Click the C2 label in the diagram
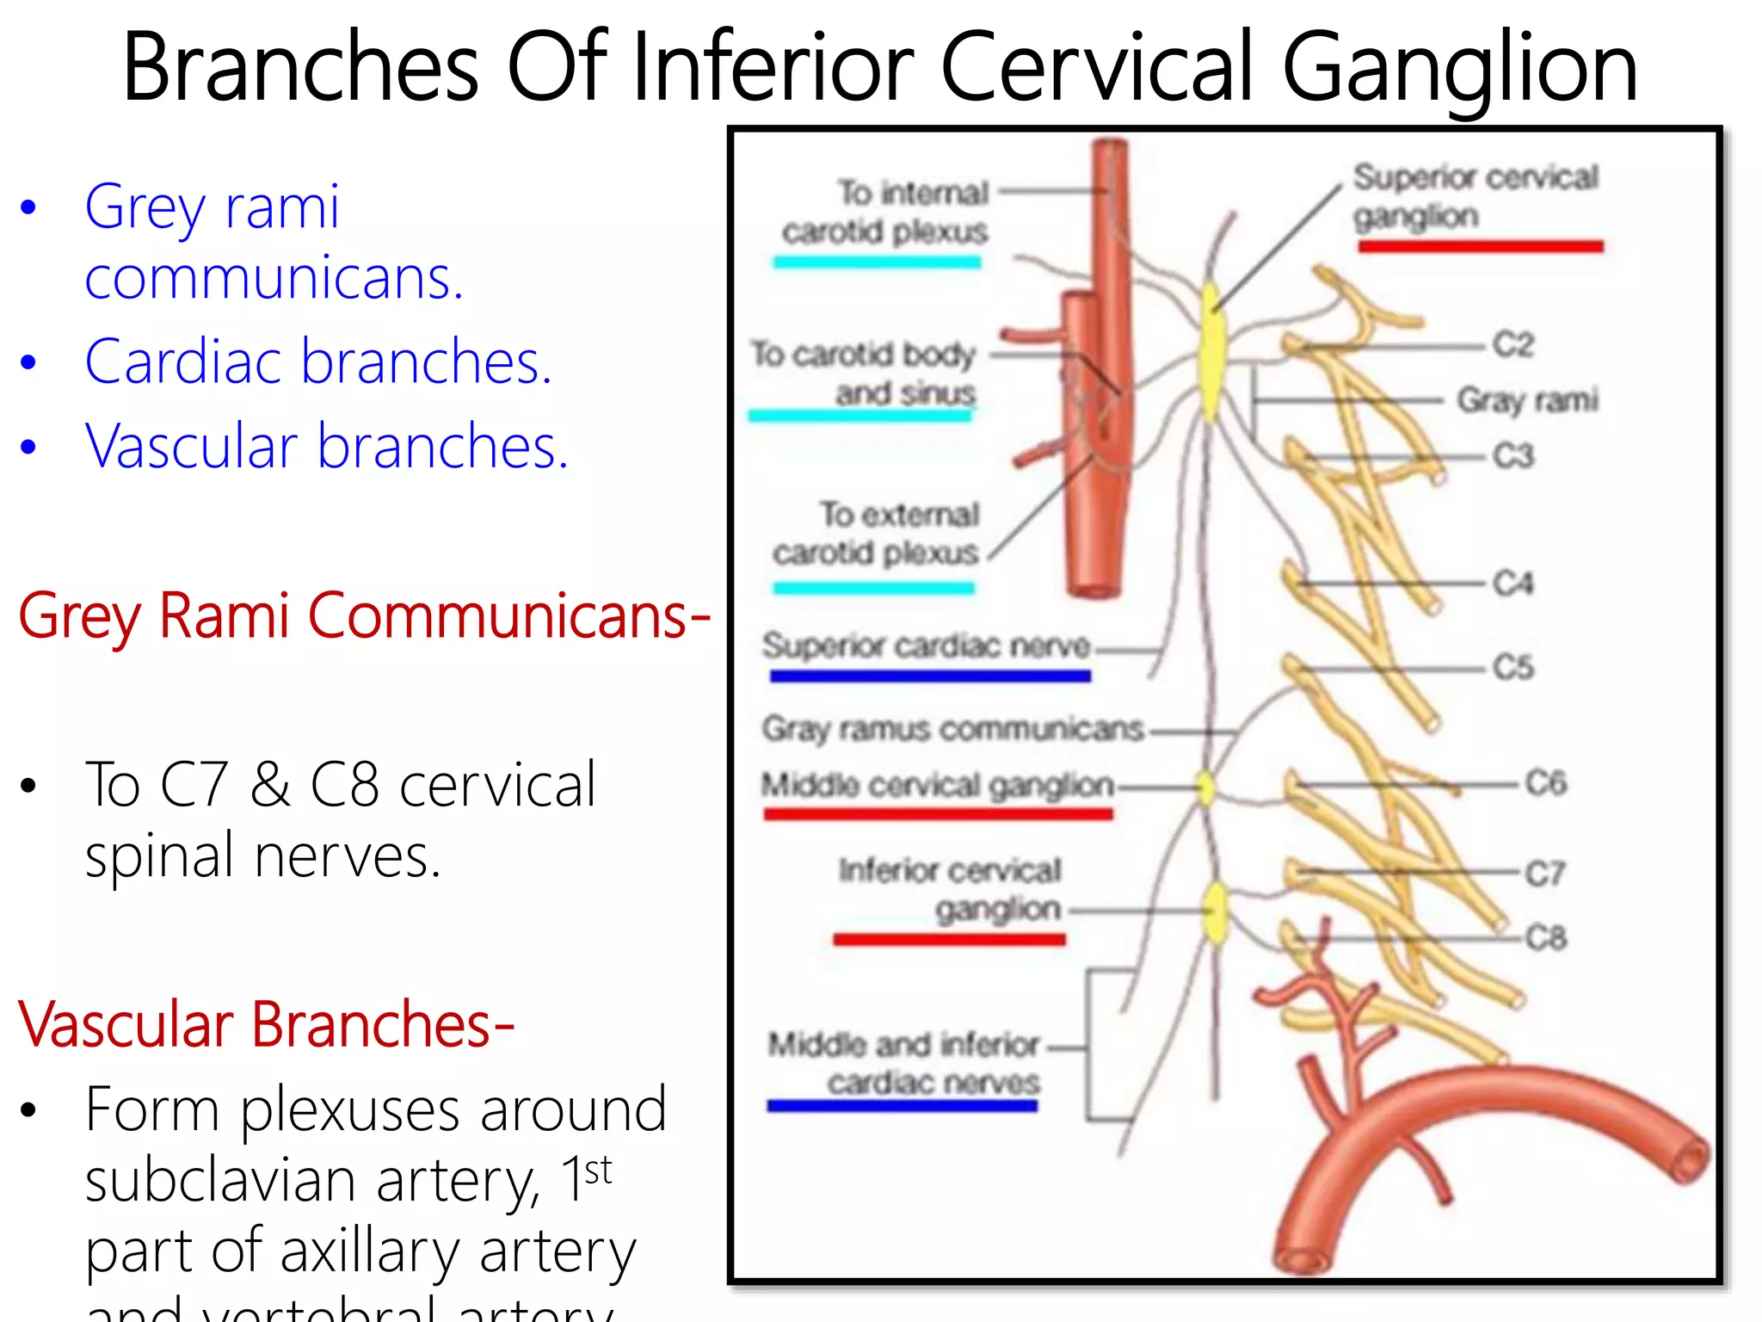coord(1512,345)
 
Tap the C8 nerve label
coord(1545,937)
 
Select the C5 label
coord(1512,668)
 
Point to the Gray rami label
coord(1527,400)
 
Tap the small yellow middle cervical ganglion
coord(1206,787)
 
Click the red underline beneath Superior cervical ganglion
coord(1480,247)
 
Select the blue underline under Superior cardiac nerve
coord(929,676)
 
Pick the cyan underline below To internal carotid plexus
coord(877,263)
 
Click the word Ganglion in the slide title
coord(1459,67)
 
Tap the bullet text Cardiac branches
coord(317,361)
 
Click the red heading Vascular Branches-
coord(266,1024)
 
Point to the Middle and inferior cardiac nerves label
coord(904,1063)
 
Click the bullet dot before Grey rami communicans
coord(29,207)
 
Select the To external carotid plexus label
coord(876,534)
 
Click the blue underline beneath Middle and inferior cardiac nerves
coord(902,1106)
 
